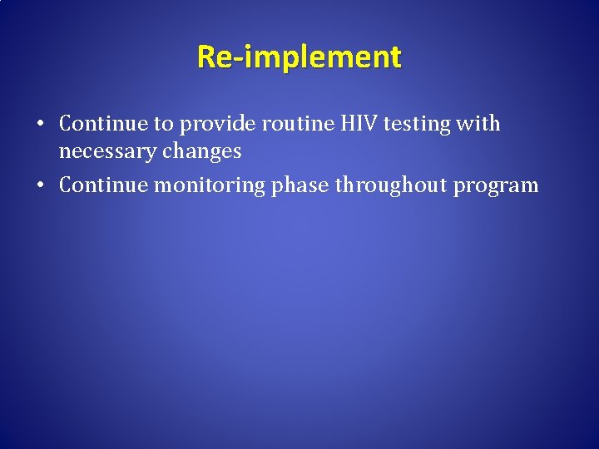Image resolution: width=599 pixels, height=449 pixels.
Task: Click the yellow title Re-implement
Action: [x=299, y=57]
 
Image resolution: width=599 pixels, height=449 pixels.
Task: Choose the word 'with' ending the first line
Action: [x=480, y=124]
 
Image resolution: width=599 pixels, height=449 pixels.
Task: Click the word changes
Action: [x=204, y=152]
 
